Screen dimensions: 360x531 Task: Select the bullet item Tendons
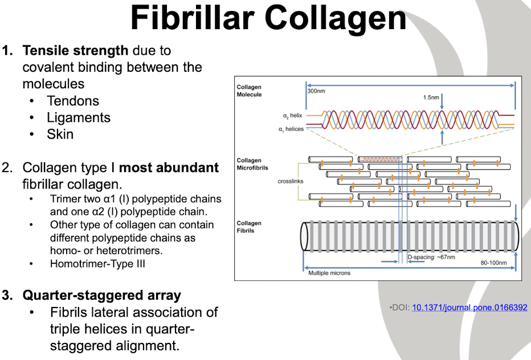click(73, 101)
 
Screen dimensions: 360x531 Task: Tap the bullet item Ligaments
click(79, 117)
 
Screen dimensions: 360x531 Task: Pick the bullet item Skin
click(60, 134)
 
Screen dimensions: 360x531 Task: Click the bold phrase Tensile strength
click(75, 50)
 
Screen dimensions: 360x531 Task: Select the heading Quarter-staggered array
click(101, 296)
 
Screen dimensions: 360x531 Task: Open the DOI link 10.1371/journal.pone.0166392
click(469, 308)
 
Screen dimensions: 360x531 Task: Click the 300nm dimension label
click(316, 91)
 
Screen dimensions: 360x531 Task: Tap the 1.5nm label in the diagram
click(431, 97)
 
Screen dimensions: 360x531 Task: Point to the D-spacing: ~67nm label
click(431, 257)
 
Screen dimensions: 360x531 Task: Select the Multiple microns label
click(329, 273)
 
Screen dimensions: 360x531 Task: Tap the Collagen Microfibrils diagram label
click(252, 164)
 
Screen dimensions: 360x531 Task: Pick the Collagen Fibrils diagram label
click(249, 227)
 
